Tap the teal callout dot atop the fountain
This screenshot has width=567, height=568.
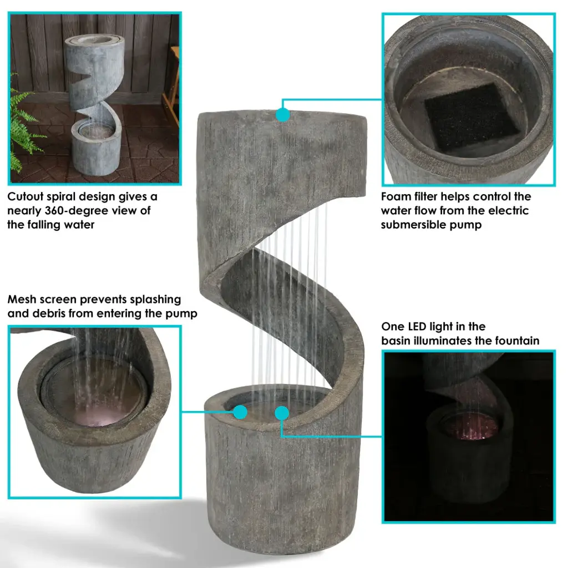click(283, 114)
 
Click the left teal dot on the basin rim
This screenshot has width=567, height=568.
click(240, 412)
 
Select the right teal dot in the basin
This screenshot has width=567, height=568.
click(281, 413)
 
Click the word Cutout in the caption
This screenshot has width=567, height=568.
click(27, 197)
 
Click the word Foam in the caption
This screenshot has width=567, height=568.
click(396, 197)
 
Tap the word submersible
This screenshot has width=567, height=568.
click(413, 225)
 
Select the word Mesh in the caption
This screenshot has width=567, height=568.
click(22, 300)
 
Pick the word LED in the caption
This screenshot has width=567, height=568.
click(417, 327)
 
